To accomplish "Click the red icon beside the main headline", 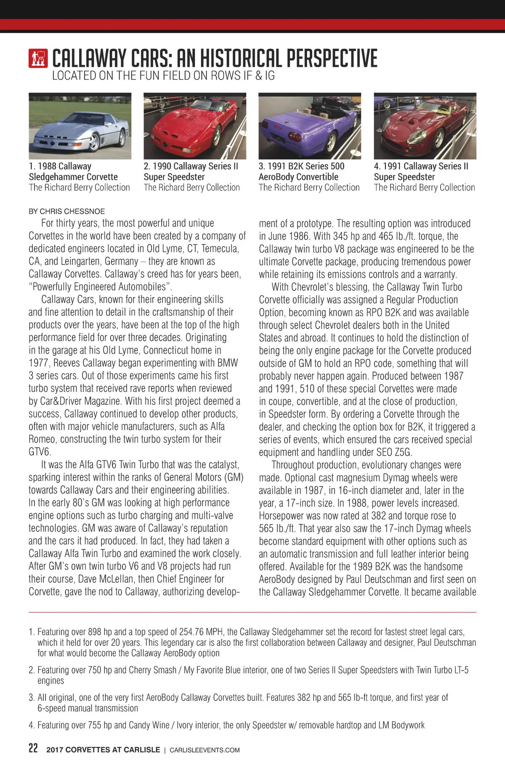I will pos(38,58).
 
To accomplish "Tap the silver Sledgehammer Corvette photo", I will pos(80,126).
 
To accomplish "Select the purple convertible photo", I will pos(309,126).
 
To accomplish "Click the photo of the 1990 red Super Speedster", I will pos(194,126).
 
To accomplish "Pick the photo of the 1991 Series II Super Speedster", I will pos(425,126).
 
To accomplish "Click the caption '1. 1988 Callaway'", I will pos(60,166).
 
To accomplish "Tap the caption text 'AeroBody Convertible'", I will pos(298,177).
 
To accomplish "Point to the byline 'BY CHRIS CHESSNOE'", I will pos(66,211).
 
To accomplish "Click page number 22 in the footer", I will pos(33,748).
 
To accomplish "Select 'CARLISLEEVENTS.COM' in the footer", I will pos(205,750).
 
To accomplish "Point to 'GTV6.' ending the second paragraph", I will pos(40,452).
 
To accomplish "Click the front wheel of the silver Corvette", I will pos(94,142).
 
